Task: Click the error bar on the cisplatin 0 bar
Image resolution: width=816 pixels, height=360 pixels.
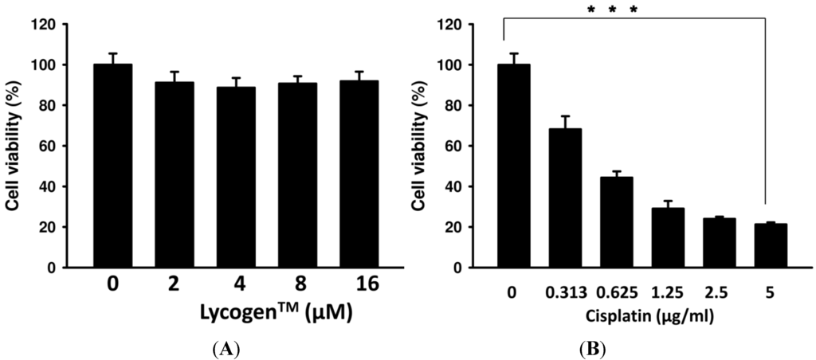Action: click(x=514, y=58)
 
